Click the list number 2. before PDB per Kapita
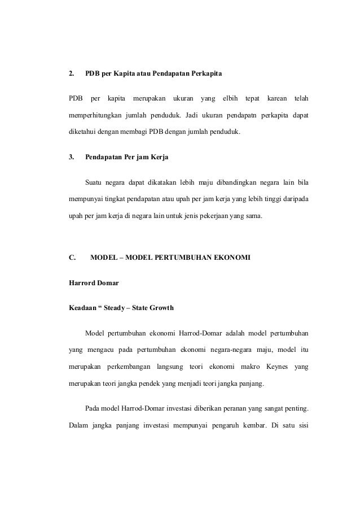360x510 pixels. click(x=71, y=74)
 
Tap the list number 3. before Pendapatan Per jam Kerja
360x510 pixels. click(x=71, y=157)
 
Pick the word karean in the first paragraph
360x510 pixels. click(x=276, y=99)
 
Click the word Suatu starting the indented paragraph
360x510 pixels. click(x=94, y=182)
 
